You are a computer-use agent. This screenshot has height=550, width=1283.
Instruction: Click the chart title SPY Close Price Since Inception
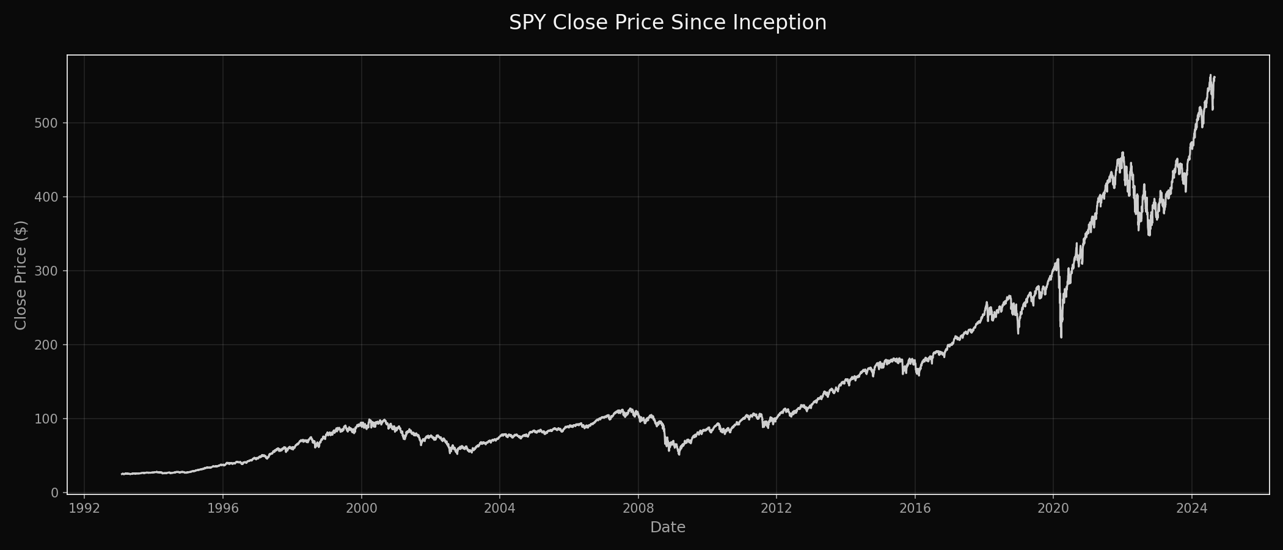pos(667,23)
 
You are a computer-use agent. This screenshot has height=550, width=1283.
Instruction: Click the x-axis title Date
pos(667,527)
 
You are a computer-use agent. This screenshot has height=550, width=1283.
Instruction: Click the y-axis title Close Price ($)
pos(21,275)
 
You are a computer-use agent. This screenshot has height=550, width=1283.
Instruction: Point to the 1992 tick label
pos(84,508)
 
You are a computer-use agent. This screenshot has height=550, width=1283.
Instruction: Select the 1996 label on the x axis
pos(222,508)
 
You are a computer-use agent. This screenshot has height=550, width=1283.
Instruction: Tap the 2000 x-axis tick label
pos(361,508)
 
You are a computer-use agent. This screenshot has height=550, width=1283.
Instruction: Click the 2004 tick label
pos(499,508)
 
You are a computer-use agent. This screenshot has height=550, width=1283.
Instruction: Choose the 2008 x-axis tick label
pos(638,508)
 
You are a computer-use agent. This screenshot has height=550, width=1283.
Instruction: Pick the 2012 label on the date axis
pos(777,508)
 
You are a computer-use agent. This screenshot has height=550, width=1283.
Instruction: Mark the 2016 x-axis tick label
pos(915,508)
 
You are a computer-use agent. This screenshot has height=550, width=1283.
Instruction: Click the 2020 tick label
pos(1053,508)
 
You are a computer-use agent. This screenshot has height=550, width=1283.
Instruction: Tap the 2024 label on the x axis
pos(1191,508)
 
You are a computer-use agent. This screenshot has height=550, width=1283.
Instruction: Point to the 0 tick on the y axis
pos(55,493)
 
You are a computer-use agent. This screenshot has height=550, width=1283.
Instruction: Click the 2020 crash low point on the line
pos(1061,337)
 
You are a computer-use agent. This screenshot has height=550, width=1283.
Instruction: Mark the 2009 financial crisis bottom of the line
pos(679,454)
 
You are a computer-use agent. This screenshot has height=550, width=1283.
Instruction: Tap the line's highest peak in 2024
pos(1210,75)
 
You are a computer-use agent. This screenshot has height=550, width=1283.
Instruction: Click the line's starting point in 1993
pos(122,474)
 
